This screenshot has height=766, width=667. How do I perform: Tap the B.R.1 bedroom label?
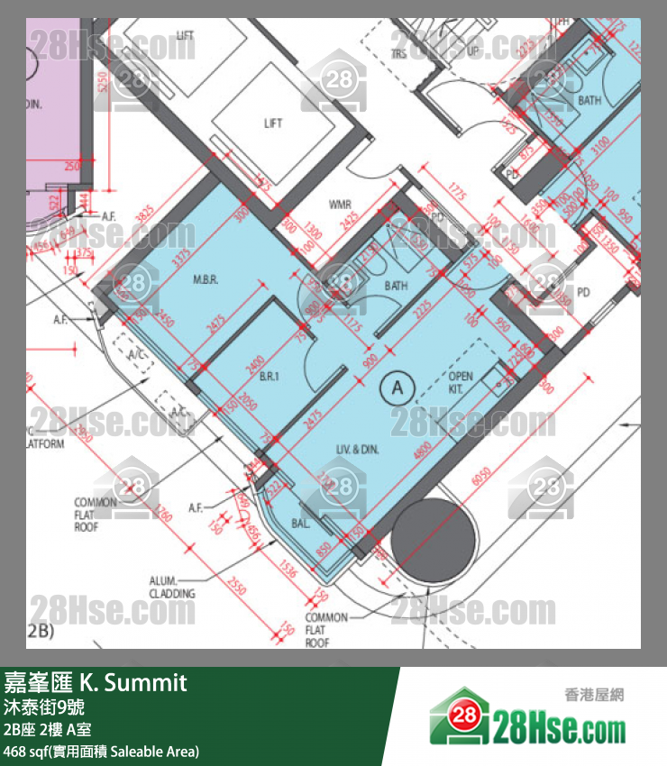pos(269,377)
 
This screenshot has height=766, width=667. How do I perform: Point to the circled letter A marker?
pos(397,388)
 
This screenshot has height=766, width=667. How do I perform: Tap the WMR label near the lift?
pos(340,205)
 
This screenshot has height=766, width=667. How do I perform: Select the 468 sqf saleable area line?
pos(101,751)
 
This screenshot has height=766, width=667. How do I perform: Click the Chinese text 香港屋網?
pos(594,695)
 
